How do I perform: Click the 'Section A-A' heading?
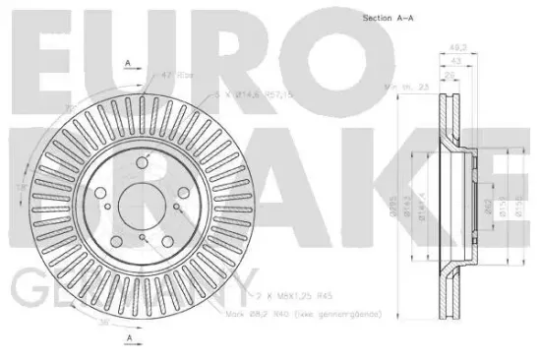[391, 19]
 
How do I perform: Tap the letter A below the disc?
[129, 340]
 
